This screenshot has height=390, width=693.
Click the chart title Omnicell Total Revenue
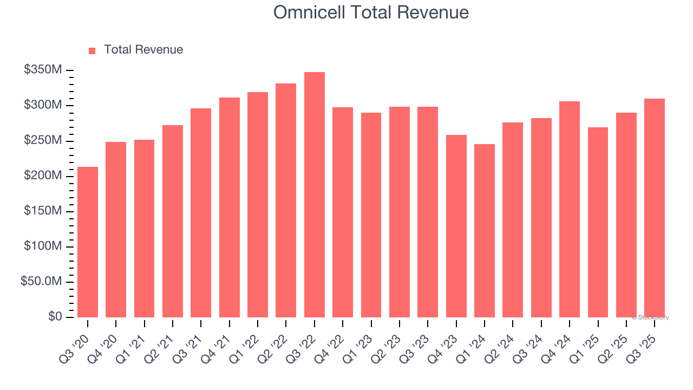(371, 12)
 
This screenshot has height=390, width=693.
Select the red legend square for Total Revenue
(92, 50)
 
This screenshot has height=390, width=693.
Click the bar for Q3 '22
(315, 195)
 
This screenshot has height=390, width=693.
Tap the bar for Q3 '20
(88, 242)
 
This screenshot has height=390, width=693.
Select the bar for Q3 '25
(655, 208)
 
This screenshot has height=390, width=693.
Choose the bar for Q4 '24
(570, 209)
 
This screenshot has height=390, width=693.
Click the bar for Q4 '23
(456, 226)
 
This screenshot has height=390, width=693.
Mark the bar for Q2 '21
(173, 221)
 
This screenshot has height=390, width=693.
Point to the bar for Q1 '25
(598, 222)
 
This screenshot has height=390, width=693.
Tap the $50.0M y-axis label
(41, 282)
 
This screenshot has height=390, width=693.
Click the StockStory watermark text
(650, 317)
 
